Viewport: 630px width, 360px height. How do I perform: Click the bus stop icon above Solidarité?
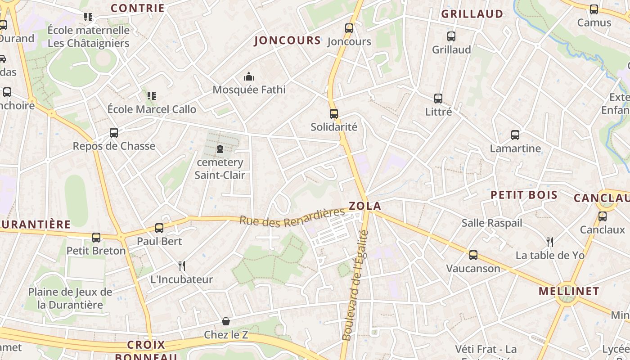coord(333,113)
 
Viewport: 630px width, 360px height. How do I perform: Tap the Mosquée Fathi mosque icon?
coord(249,77)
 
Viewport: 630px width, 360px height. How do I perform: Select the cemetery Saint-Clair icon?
coord(220,148)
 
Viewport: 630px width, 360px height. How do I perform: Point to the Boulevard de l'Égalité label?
coord(355,286)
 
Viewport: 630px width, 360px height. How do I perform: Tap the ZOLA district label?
coord(365,206)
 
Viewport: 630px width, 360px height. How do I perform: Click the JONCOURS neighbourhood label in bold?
coord(288,40)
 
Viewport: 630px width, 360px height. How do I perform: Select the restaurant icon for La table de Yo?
coord(549,242)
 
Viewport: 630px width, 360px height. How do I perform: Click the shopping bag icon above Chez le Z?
coord(226,321)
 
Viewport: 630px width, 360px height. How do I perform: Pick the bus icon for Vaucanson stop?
coord(473,255)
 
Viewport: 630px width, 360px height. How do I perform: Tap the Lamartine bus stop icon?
coord(515,135)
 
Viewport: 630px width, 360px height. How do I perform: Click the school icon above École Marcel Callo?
coord(152,96)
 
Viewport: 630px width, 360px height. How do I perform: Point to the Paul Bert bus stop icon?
coord(159,228)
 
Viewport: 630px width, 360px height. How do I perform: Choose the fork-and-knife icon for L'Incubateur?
coord(181,266)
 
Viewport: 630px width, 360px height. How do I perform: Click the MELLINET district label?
coord(569,291)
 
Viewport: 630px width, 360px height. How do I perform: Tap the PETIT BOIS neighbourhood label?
coord(524,195)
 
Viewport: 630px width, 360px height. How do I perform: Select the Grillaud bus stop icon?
coord(451,36)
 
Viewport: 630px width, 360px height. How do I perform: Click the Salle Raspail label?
coord(492,223)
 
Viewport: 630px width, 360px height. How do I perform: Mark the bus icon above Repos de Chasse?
coord(114,133)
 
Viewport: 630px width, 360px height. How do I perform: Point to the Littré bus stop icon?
coord(438,98)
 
